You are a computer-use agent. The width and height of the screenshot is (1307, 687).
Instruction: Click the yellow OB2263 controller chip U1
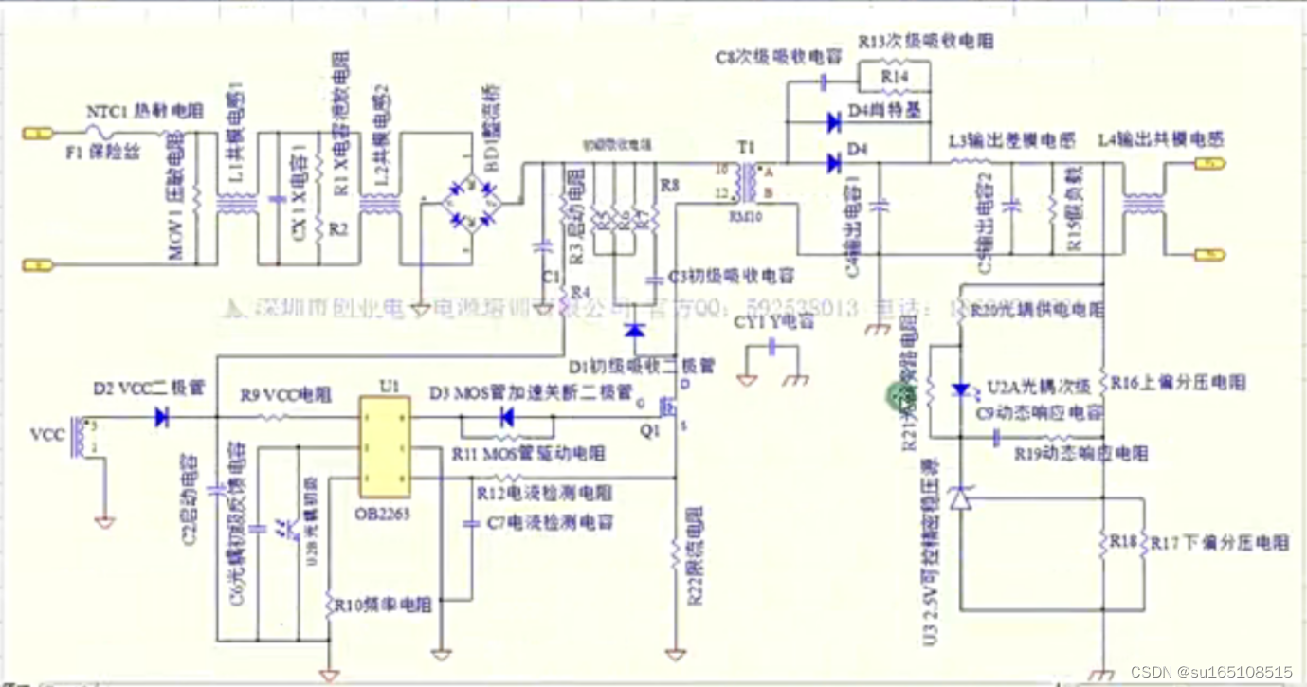(384, 447)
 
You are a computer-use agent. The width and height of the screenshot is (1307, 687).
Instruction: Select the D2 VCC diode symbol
(162, 417)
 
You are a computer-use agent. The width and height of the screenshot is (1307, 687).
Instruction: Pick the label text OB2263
(384, 514)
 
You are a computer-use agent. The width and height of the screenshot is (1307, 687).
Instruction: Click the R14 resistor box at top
(894, 76)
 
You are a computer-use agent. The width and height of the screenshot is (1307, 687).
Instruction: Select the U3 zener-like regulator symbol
(962, 497)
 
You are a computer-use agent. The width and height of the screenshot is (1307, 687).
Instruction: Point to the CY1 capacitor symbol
(772, 349)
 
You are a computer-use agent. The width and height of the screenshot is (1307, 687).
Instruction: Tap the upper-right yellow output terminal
(1209, 164)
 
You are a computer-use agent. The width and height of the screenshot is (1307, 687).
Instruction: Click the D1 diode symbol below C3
(634, 331)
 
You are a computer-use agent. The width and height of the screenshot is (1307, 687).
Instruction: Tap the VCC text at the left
(46, 436)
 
